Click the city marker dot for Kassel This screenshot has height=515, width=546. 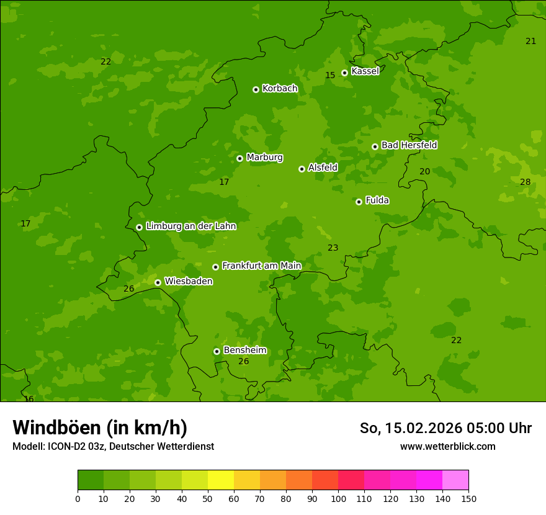coord(344,73)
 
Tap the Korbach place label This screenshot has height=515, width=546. coord(280,89)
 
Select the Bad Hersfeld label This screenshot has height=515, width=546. coord(409,145)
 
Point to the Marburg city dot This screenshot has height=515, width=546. coord(239,158)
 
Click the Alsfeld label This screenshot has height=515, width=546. coord(323,168)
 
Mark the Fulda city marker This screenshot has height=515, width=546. coord(359,202)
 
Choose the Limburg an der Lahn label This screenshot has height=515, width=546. coord(190,226)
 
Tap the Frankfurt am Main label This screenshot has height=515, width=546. coord(261,266)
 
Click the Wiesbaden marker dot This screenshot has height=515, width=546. coord(158,282)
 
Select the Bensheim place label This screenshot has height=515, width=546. coord(244,350)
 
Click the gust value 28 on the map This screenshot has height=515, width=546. coord(526,182)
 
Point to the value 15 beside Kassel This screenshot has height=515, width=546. coord(330,76)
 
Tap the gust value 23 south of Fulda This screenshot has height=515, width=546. coord(333,248)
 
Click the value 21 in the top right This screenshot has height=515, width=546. coord(530,42)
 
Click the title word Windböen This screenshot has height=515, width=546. coord(56,428)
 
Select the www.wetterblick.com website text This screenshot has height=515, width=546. coord(447,447)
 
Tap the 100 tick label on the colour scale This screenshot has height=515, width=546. coord(338,498)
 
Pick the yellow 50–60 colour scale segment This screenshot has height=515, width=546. coord(221,480)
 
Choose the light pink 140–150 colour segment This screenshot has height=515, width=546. coord(455,480)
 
